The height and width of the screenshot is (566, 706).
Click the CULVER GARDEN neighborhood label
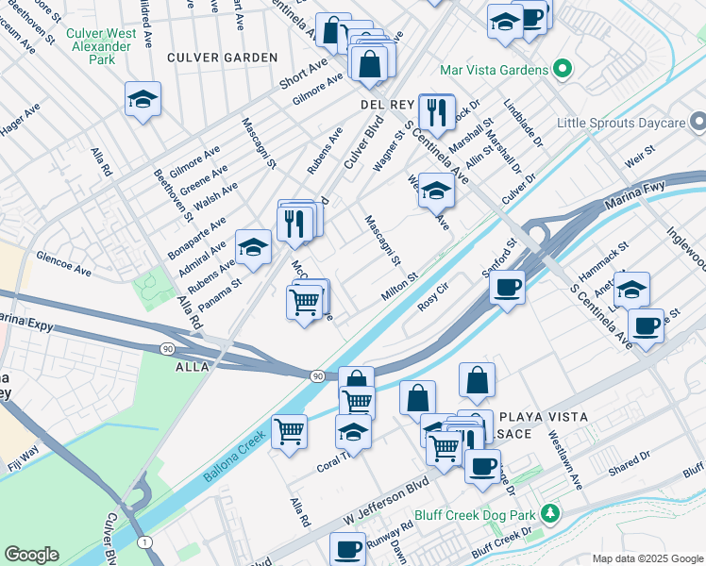click(x=222, y=58)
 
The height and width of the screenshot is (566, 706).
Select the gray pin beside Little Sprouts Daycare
click(x=697, y=122)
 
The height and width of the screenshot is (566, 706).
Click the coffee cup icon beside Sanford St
click(x=508, y=286)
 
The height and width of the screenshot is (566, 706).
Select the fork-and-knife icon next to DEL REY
click(x=436, y=111)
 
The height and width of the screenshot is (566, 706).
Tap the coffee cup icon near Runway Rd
click(x=347, y=547)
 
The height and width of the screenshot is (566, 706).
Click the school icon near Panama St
click(x=252, y=247)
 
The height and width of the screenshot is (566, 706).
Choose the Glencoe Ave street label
click(x=63, y=263)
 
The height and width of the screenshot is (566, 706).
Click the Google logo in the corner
click(x=31, y=555)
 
